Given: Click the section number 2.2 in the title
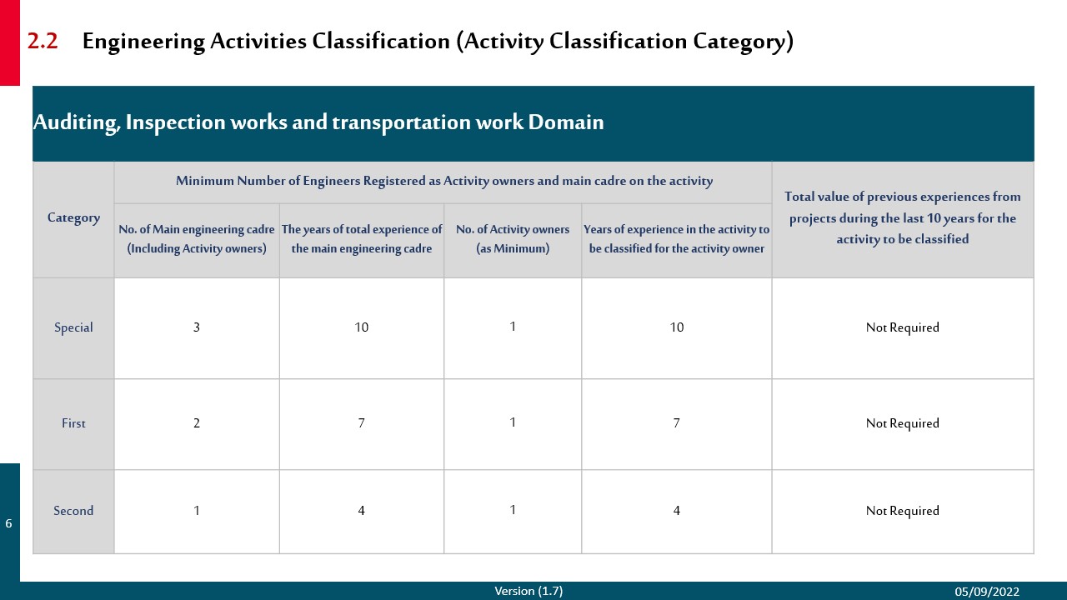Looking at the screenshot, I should (x=43, y=42).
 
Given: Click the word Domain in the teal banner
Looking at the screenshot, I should (x=565, y=122).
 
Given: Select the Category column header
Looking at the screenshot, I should (x=73, y=217).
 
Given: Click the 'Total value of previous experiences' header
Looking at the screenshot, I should (x=902, y=217).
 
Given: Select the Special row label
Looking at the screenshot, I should (x=73, y=327).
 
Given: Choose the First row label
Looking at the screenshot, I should (x=73, y=423).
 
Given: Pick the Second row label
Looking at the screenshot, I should (x=73, y=511).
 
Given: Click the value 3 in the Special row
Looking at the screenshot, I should (x=197, y=327).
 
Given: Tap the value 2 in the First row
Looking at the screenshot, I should (x=197, y=423).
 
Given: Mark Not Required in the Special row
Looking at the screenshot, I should (x=902, y=327).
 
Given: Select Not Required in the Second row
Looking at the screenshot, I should (x=902, y=511).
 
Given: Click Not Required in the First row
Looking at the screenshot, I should (x=902, y=423).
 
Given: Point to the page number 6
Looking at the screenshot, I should (x=9, y=524).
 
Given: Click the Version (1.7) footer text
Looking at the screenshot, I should (x=528, y=591).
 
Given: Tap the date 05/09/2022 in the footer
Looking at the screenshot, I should (x=987, y=592).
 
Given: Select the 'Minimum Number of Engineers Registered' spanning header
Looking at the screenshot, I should (x=443, y=181).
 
